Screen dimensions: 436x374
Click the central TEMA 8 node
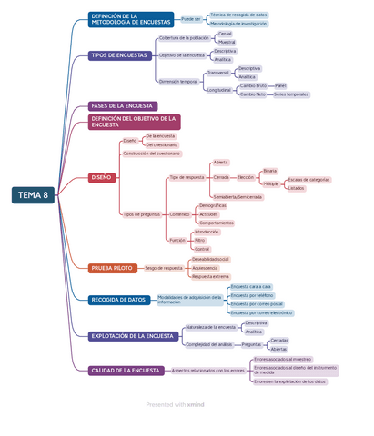pyautogui.click(x=34, y=194)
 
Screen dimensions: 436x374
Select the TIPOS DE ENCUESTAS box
pyautogui.click(x=118, y=55)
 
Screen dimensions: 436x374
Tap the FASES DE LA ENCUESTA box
pyautogui.click(x=122, y=106)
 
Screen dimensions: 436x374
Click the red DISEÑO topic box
pyautogui.click(x=102, y=177)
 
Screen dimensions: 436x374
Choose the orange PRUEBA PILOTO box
pyautogui.click(x=113, y=268)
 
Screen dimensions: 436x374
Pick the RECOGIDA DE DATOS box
pyautogui.click(x=118, y=300)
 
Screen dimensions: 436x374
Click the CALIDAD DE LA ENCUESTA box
pyautogui.click(x=126, y=371)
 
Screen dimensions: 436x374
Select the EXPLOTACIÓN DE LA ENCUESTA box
pyautogui.click(x=131, y=336)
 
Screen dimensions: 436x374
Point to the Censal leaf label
pyautogui.click(x=225, y=34)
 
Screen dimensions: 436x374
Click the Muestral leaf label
pyautogui.click(x=227, y=42)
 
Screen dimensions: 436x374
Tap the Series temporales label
pyautogui.click(x=291, y=94)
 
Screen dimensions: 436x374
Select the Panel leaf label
pyautogui.click(x=280, y=85)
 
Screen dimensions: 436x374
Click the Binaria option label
pyautogui.click(x=270, y=171)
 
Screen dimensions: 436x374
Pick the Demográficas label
pyautogui.click(x=212, y=205)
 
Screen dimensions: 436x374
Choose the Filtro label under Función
pyautogui.click(x=200, y=240)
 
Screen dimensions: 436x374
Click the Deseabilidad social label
pyautogui.click(x=210, y=260)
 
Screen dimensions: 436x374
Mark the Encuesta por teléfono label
pyautogui.click(x=252, y=295)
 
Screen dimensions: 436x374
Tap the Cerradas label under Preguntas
pyautogui.click(x=279, y=341)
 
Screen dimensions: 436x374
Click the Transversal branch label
pyautogui.click(x=218, y=73)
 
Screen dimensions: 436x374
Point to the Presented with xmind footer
pyautogui.click(x=175, y=404)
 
